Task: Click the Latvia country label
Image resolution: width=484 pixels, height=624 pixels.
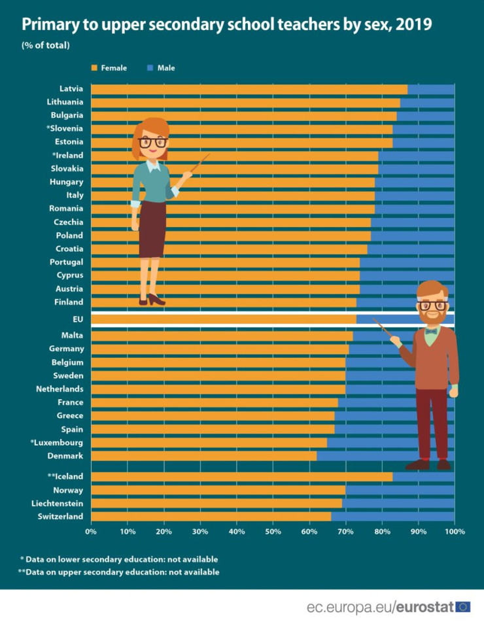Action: point(71,88)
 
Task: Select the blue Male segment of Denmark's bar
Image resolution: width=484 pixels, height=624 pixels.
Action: point(360,456)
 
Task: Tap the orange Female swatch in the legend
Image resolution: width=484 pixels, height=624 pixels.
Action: point(94,67)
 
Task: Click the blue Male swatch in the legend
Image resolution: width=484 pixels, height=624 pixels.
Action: point(150,67)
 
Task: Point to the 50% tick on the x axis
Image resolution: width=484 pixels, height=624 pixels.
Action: point(273,531)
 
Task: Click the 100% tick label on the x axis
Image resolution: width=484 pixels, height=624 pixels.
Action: point(455,531)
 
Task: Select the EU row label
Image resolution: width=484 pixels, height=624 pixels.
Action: point(77,319)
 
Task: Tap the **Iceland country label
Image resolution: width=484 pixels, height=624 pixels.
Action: point(65,476)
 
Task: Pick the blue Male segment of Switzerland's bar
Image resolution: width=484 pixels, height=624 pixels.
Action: point(392,517)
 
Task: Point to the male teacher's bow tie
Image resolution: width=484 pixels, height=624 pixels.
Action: point(431,332)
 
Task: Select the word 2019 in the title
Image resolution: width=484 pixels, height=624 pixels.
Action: point(413,25)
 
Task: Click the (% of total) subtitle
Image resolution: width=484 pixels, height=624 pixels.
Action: point(46,45)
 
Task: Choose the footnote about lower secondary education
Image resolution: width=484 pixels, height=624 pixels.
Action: point(118,559)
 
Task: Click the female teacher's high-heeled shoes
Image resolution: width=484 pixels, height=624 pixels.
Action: point(152,300)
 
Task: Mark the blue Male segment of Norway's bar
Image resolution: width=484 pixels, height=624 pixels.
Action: point(400,490)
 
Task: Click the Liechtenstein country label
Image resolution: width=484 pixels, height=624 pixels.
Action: point(57,503)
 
